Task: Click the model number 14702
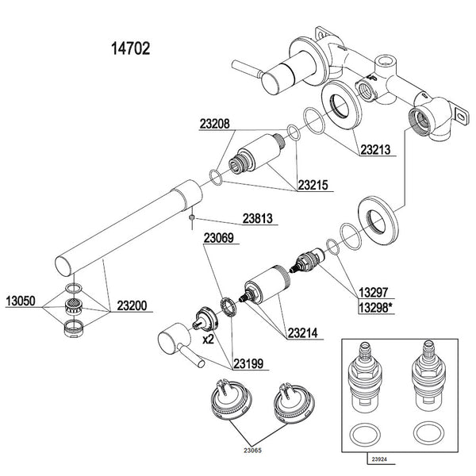(x=128, y=49)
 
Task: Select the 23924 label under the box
(x=379, y=459)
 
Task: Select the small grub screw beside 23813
(x=192, y=217)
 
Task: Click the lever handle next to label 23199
(x=176, y=344)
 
